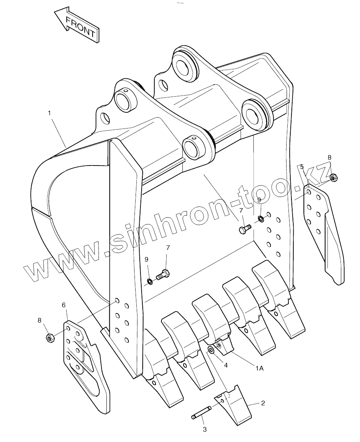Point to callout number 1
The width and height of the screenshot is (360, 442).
click(x=49, y=112)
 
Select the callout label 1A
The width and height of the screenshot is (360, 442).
click(x=259, y=369)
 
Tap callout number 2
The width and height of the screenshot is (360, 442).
click(x=263, y=403)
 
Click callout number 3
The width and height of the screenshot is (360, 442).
click(x=205, y=429)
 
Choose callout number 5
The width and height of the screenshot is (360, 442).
click(x=302, y=167)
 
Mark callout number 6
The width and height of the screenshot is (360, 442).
click(x=64, y=305)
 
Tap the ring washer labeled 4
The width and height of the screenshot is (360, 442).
click(x=211, y=350)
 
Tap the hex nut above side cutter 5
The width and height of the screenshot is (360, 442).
click(x=334, y=176)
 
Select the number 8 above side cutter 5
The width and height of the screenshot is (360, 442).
click(x=329, y=157)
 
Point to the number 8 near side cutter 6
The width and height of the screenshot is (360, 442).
click(x=39, y=320)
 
